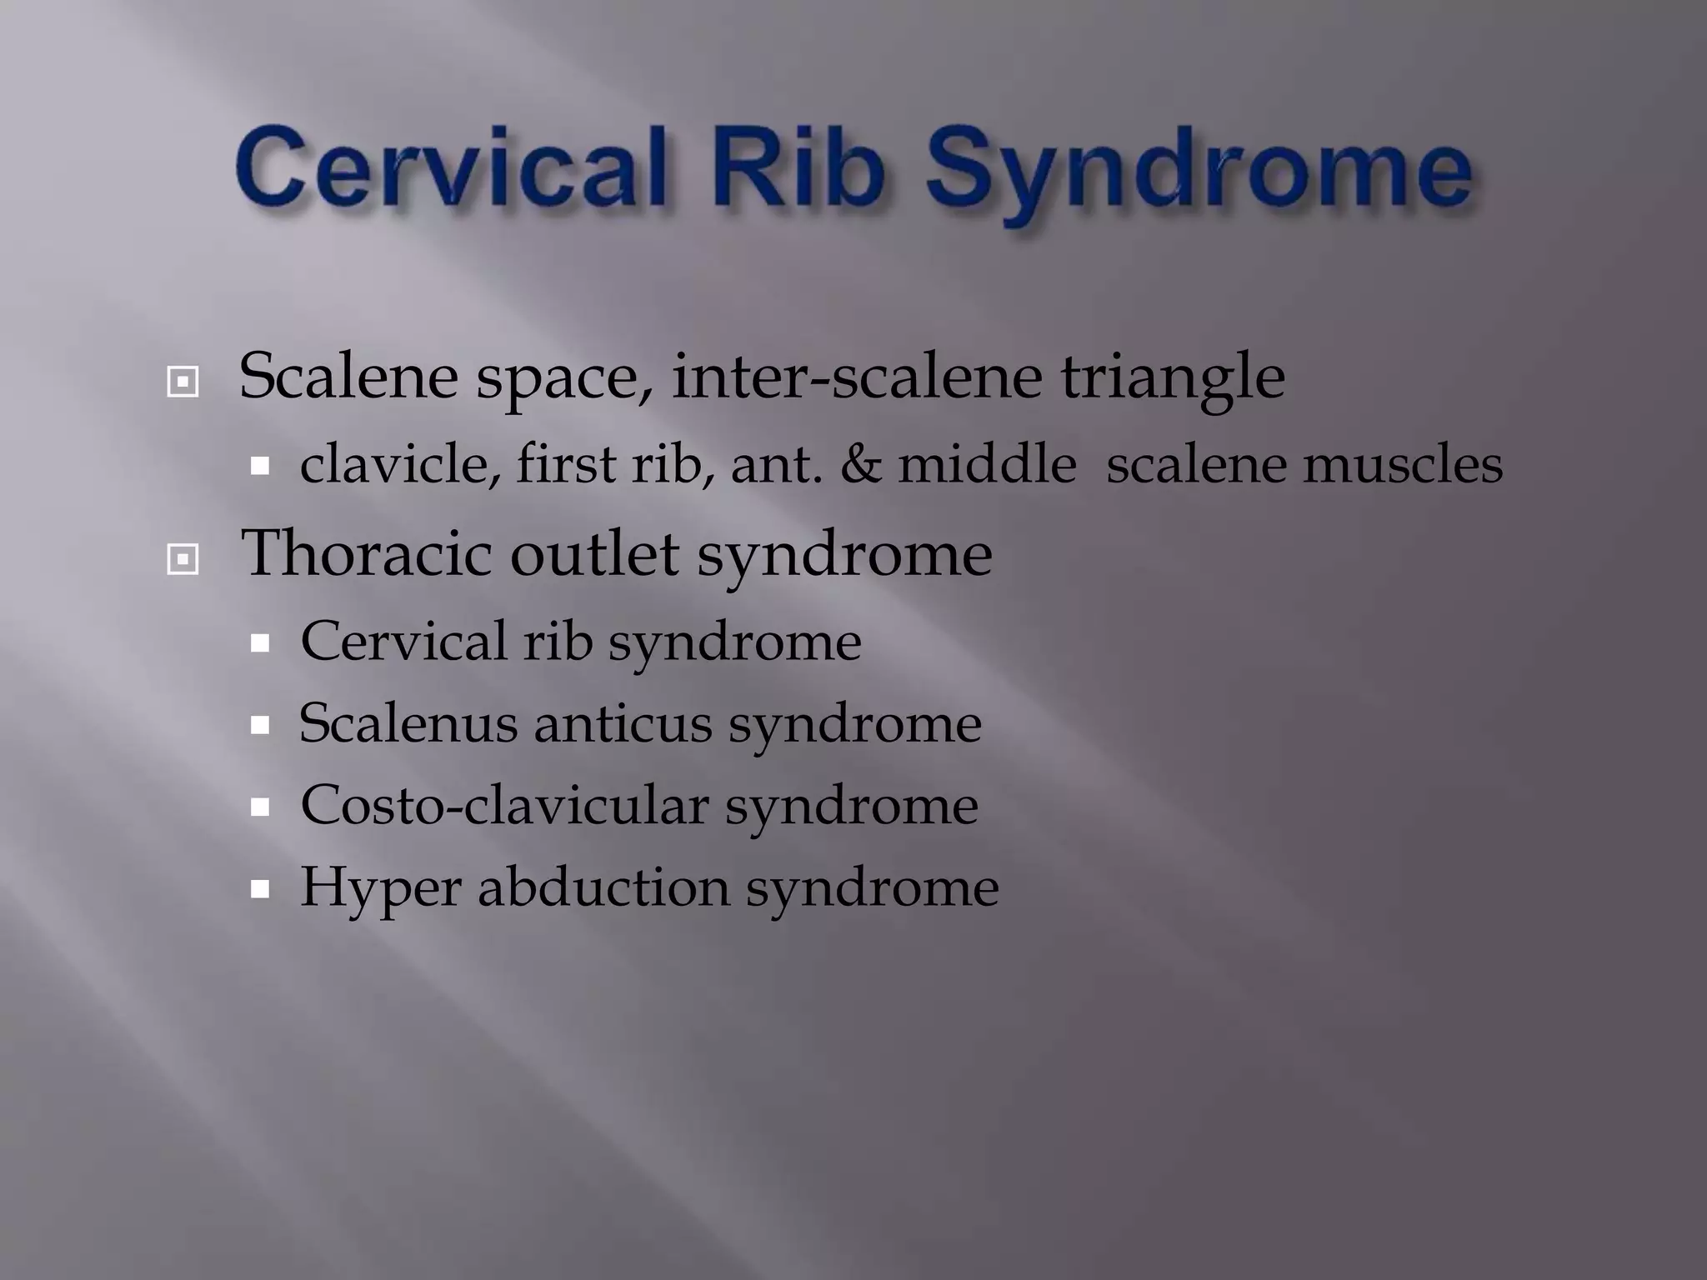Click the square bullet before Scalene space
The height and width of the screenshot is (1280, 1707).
(x=183, y=382)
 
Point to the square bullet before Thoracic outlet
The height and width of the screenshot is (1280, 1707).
(x=183, y=559)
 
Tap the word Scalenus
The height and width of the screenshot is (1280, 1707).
(x=408, y=723)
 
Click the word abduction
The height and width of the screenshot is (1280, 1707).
(x=603, y=887)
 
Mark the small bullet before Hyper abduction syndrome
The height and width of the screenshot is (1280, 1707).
(x=260, y=889)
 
